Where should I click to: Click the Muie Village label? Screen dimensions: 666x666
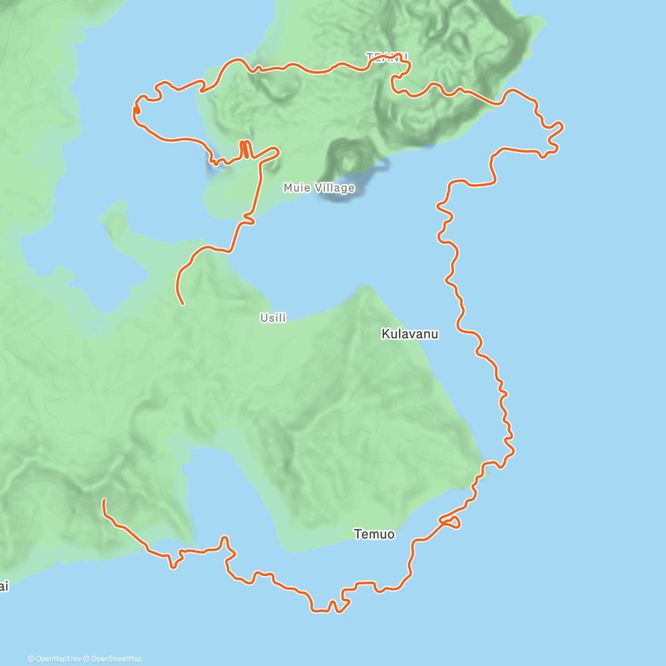[319, 188]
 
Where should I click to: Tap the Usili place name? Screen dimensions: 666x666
[273, 318]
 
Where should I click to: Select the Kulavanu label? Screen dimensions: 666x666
[410, 334]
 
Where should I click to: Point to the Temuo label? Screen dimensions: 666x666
[374, 534]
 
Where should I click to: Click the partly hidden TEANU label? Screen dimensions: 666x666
[387, 57]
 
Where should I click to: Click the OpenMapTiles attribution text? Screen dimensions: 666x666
[58, 659]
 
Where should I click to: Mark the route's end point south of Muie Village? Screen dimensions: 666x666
[183, 304]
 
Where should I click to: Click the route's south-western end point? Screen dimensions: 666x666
[104, 501]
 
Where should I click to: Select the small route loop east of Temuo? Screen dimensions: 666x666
[451, 522]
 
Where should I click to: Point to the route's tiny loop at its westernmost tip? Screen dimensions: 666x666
[136, 110]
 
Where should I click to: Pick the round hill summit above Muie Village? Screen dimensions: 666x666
[349, 161]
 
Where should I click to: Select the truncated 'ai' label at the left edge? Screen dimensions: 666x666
[4, 586]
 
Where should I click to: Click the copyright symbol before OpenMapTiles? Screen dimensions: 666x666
[31, 659]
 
